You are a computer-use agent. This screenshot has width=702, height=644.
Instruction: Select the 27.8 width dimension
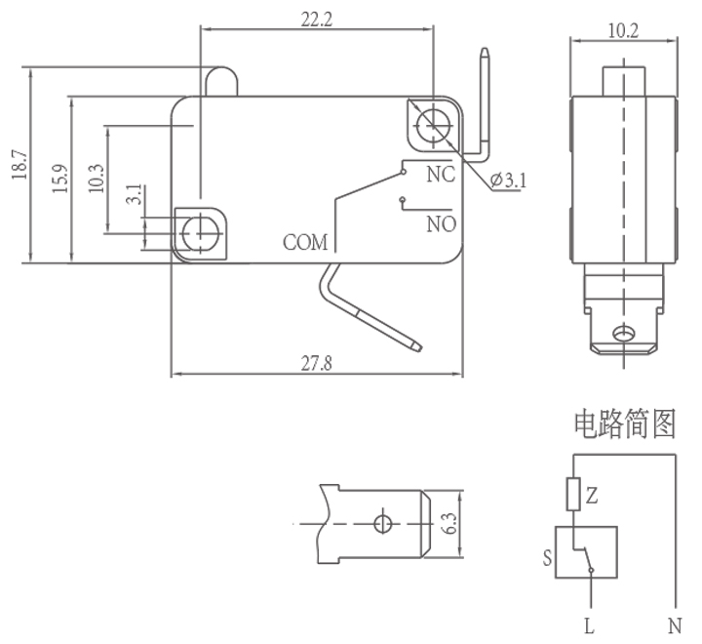(x=316, y=363)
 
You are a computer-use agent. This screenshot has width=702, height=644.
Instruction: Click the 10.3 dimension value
(x=96, y=180)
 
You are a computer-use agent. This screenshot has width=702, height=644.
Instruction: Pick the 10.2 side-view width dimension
(x=623, y=31)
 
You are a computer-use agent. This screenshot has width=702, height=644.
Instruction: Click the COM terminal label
(x=305, y=242)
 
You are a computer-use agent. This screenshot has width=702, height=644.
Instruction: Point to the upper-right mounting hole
(x=430, y=123)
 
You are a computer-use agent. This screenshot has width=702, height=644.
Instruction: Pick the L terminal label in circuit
(x=589, y=622)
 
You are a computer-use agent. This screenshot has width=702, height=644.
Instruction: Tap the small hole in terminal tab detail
(x=382, y=523)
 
